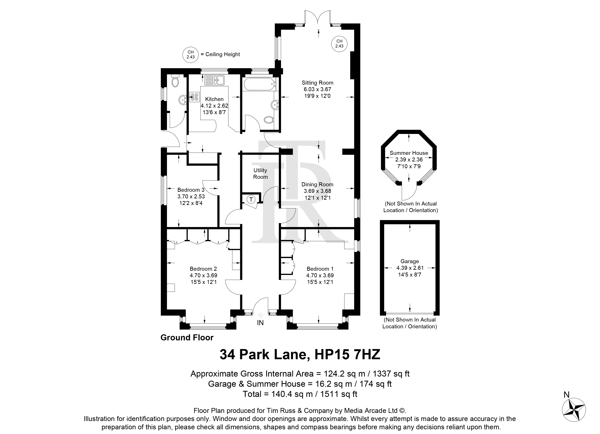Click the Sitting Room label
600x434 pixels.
pyautogui.click(x=317, y=83)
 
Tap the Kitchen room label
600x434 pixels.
pyautogui.click(x=214, y=99)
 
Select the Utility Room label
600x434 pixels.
pyautogui.click(x=260, y=173)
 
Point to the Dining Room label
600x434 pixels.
pyautogui.click(x=317, y=184)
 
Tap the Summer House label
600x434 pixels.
pyautogui.click(x=409, y=153)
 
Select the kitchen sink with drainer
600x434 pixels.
pyautogui.click(x=214, y=80)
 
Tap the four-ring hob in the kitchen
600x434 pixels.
pyautogui.click(x=194, y=97)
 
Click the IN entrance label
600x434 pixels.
pyautogui.click(x=260, y=323)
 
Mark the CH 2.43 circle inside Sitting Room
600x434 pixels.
pyautogui.click(x=339, y=44)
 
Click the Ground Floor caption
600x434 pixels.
pyautogui.click(x=187, y=338)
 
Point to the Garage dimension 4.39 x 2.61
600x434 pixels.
pyautogui.click(x=410, y=268)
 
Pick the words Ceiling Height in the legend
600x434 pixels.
pyautogui.click(x=223, y=54)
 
